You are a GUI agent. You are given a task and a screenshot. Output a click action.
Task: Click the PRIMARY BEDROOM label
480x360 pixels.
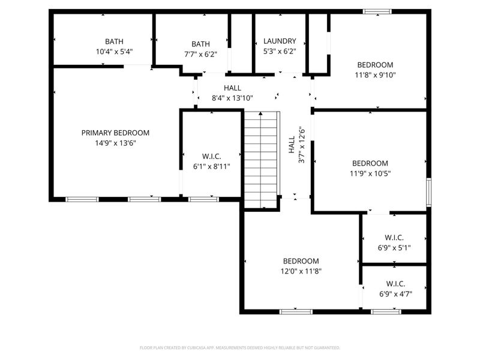[x=115, y=133]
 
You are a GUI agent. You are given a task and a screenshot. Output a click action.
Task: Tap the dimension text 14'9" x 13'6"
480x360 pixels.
[x=115, y=143]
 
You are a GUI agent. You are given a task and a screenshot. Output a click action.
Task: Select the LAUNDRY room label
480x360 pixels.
[x=280, y=41]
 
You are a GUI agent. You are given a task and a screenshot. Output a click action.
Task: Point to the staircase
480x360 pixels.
[x=261, y=159]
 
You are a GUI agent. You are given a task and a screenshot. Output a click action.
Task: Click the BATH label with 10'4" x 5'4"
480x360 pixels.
[x=114, y=41]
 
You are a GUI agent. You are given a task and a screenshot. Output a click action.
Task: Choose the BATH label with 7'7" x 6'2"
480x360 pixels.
[x=200, y=44]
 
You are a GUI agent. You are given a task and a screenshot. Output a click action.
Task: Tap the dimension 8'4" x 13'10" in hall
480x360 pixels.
[x=232, y=98]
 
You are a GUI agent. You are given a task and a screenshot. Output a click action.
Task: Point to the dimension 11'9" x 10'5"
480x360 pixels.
[x=370, y=174]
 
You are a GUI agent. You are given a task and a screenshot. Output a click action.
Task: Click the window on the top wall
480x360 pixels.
[x=377, y=11]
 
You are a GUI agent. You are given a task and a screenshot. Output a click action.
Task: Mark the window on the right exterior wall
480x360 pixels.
[x=428, y=192]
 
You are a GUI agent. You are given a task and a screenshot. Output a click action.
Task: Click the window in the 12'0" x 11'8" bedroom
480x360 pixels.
[x=296, y=311]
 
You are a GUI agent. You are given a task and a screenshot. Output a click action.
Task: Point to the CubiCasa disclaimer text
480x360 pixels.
[x=240, y=347]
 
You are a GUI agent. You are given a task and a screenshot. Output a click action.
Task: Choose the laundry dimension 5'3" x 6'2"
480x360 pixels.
[x=280, y=52]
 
